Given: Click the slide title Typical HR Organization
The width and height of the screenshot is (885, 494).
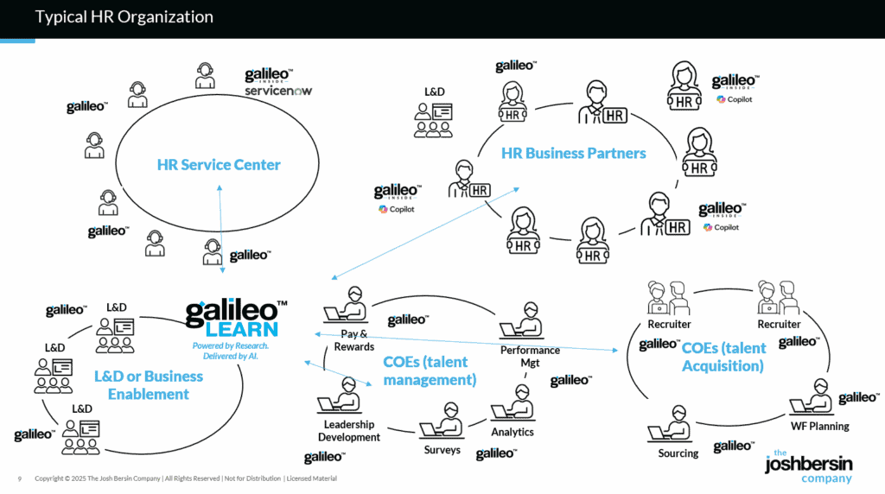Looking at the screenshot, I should pyautogui.click(x=124, y=17).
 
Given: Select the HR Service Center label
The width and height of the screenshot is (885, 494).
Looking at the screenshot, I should pyautogui.click(x=219, y=164).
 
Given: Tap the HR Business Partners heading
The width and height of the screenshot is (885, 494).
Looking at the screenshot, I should pyautogui.click(x=573, y=153).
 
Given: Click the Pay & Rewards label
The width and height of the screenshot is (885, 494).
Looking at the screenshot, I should pyautogui.click(x=354, y=340).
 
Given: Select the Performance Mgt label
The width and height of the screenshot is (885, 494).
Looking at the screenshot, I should pyautogui.click(x=530, y=357).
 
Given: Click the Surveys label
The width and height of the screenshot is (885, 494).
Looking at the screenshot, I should pyautogui.click(x=442, y=450).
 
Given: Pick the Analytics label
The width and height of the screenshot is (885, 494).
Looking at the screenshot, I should pyautogui.click(x=513, y=432).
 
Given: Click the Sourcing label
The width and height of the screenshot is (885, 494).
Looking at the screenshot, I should pyautogui.click(x=678, y=453).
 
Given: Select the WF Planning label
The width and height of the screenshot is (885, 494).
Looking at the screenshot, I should pyautogui.click(x=820, y=426).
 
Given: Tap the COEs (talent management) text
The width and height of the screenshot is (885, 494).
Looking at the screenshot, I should pyautogui.click(x=430, y=370).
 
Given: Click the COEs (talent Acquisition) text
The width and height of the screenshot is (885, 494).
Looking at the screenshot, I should pyautogui.click(x=723, y=357).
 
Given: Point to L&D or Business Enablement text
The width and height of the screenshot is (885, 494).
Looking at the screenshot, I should pyautogui.click(x=149, y=385).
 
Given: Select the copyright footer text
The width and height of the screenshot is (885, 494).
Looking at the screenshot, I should pyautogui.click(x=185, y=478).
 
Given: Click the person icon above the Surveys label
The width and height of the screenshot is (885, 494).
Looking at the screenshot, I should pyautogui.click(x=440, y=427).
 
